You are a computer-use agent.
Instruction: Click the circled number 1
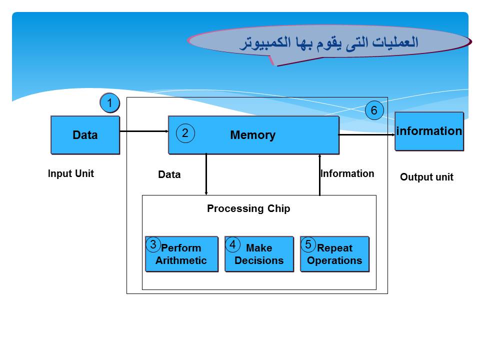point(109,103)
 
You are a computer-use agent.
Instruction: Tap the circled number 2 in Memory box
point(185,133)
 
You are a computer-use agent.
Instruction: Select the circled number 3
point(153,244)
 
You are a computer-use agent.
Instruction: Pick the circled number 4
point(232,244)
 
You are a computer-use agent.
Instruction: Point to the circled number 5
point(308,244)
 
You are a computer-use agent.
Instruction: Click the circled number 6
point(373,110)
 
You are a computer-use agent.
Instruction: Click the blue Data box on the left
point(85,135)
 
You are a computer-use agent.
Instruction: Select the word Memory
point(252,135)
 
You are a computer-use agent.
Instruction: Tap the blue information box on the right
point(429,131)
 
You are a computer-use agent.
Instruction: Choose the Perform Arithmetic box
point(182,254)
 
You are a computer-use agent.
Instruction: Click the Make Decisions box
point(259,254)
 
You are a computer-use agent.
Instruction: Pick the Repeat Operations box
point(335,254)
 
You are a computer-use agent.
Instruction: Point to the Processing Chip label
point(248,209)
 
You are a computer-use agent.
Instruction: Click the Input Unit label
point(70,174)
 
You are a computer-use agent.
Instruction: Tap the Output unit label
point(426,177)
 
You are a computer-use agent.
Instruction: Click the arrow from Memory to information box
point(367,134)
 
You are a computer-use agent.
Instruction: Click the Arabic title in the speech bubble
point(328,42)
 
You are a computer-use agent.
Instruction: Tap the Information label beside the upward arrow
point(347,174)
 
